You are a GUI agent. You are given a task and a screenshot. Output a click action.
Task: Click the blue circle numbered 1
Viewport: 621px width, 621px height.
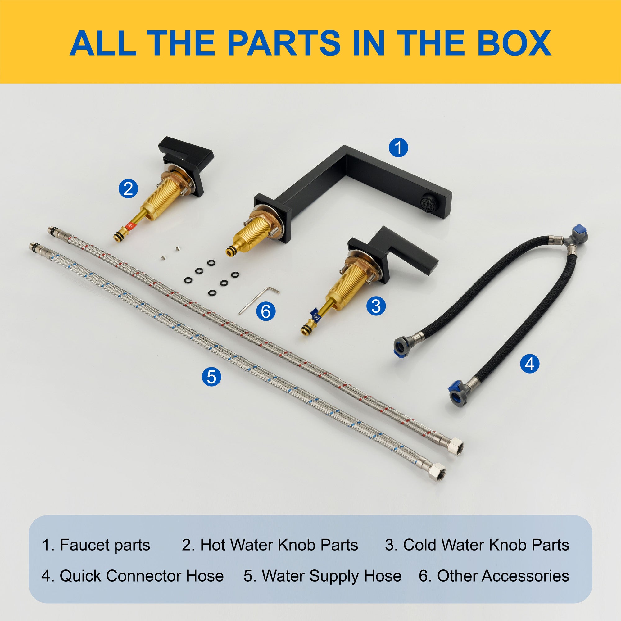point(398,148)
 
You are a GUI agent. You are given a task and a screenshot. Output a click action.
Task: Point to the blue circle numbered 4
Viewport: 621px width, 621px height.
point(529,364)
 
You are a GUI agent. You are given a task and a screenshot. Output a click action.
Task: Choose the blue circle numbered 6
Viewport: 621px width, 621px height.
point(266,311)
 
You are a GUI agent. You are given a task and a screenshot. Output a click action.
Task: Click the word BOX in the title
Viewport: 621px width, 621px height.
point(514,43)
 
